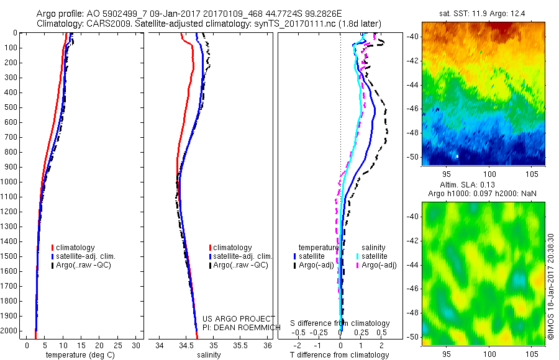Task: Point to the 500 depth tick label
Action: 11,107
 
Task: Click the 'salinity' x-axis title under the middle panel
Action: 208,355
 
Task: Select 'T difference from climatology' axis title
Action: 340,355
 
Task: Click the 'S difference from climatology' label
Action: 340,323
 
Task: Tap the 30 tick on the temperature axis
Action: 137,345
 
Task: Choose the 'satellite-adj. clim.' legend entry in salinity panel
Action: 243,256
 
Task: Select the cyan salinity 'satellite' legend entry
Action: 375,256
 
